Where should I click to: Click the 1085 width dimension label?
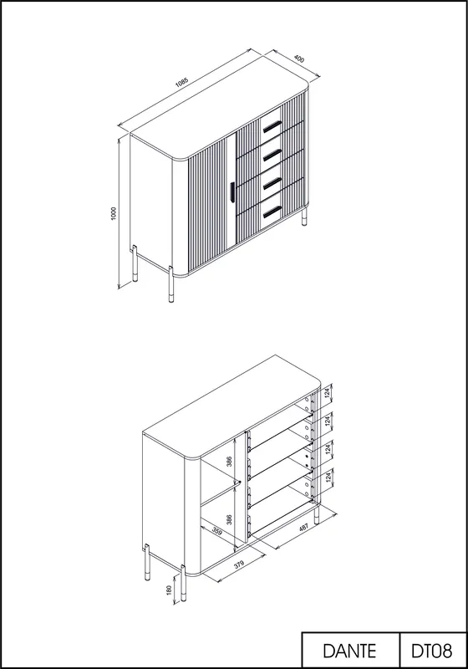point(181,81)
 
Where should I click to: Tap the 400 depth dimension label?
point(300,59)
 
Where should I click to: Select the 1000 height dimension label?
point(114,213)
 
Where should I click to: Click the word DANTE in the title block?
point(349,651)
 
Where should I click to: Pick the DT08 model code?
point(432,651)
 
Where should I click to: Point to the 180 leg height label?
point(169,590)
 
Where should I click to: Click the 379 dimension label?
point(239,564)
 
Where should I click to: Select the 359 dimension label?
point(217,533)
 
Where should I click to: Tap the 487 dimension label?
point(303,528)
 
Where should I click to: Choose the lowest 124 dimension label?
point(328,477)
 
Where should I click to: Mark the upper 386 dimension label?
point(229,462)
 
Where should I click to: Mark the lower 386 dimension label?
point(229,519)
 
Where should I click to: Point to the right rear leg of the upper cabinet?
point(304,217)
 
